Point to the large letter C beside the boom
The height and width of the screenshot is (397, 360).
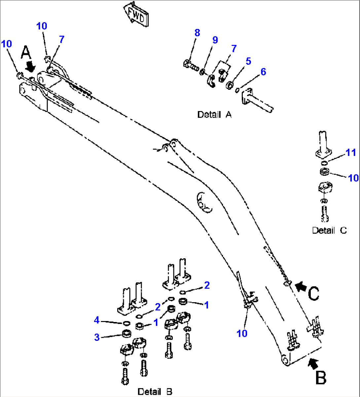[314, 293]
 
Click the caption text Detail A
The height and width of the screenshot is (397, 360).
[214, 115]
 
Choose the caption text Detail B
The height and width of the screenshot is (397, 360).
[155, 391]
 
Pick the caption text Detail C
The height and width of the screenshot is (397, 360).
[329, 230]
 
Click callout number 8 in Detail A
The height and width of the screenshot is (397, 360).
[197, 33]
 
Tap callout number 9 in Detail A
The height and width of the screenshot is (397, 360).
[215, 40]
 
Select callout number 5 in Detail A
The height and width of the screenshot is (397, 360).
[248, 61]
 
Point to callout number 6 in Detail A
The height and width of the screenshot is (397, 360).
[263, 72]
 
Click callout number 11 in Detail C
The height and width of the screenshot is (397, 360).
[351, 153]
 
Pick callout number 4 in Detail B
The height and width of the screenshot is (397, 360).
[96, 320]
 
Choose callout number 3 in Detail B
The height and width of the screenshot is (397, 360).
[97, 337]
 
